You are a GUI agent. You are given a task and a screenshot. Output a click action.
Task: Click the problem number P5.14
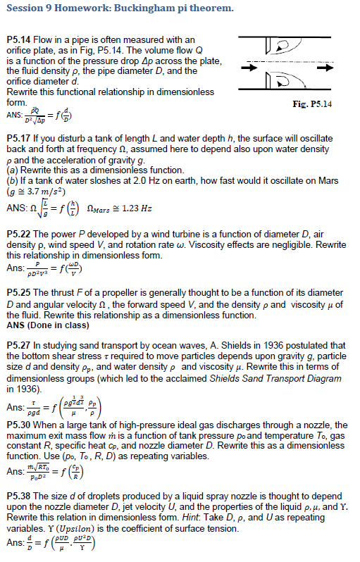(18, 40)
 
